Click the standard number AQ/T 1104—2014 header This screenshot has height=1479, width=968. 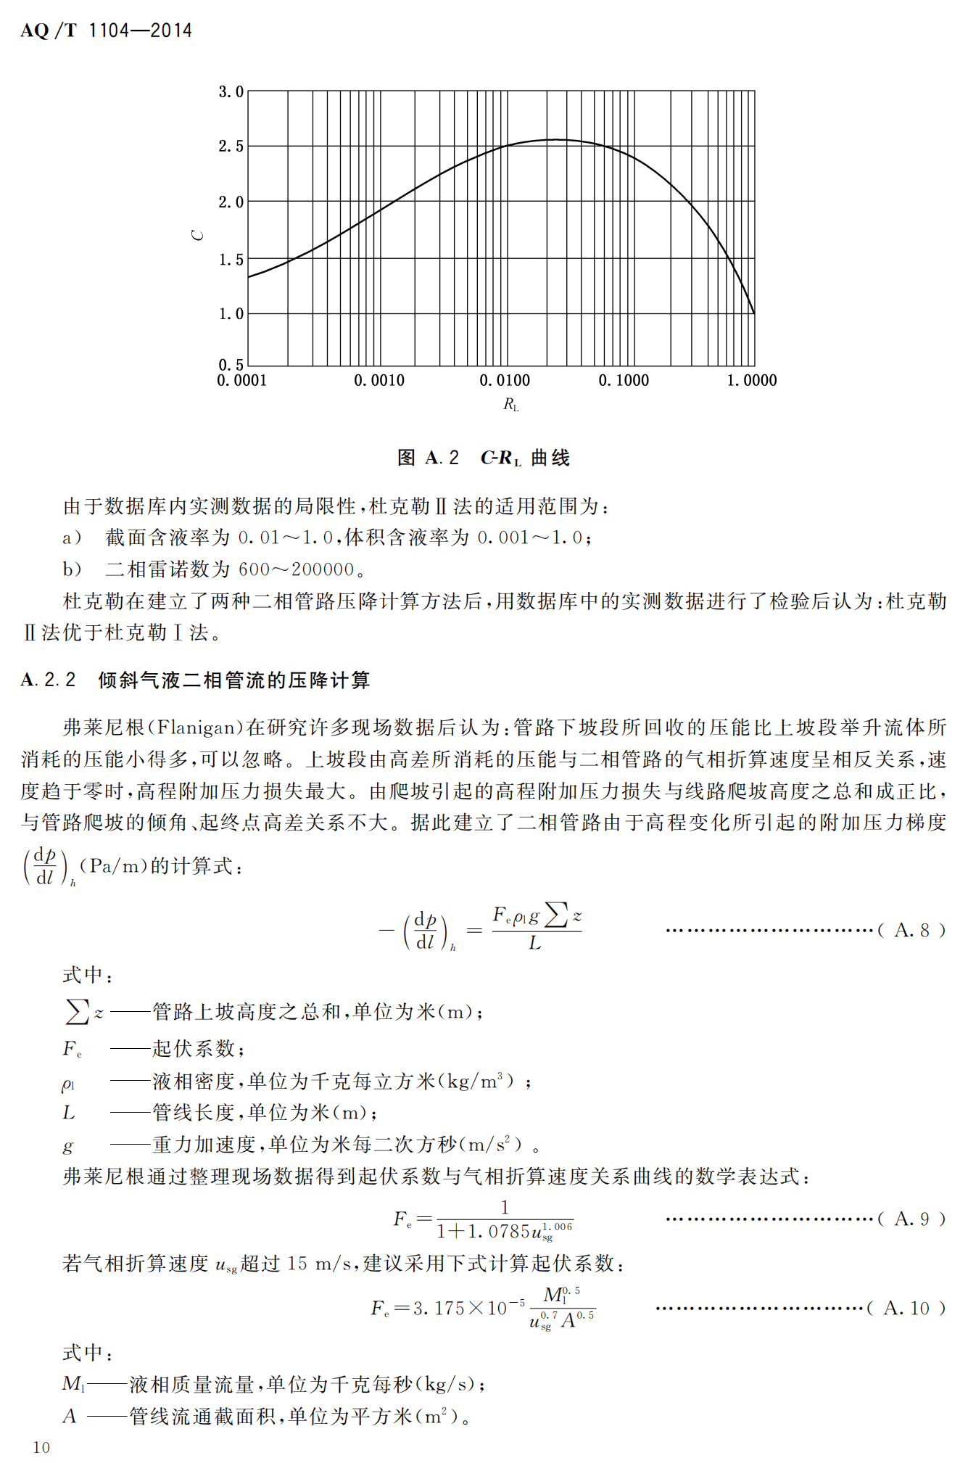tap(106, 30)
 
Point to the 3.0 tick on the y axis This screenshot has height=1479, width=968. tap(231, 92)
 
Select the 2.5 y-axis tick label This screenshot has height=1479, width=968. tap(231, 147)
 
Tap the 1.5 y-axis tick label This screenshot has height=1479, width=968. tap(231, 260)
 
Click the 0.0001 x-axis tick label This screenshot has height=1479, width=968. tap(242, 380)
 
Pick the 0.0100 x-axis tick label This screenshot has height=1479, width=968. tap(505, 380)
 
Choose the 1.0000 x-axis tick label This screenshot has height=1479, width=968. tap(752, 380)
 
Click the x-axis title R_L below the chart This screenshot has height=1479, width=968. tap(511, 405)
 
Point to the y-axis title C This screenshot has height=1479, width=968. tap(198, 235)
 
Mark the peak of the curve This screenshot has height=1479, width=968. tap(555, 139)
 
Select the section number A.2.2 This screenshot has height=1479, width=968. tap(48, 680)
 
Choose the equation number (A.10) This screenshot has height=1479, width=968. tap(906, 1308)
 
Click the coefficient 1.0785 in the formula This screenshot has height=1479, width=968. tap(500, 1231)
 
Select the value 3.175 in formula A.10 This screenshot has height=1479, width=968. tap(439, 1308)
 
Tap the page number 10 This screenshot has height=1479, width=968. tap(41, 1447)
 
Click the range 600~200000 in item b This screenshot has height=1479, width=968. tap(296, 569)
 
